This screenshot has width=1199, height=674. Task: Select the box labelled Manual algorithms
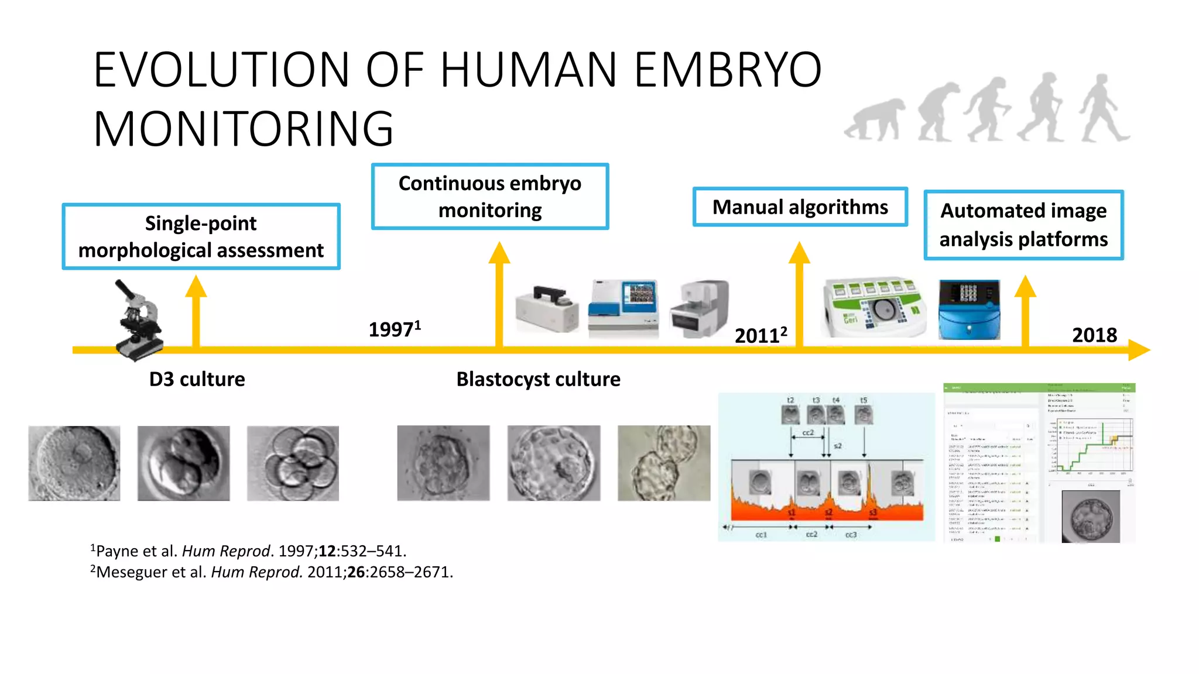(x=800, y=207)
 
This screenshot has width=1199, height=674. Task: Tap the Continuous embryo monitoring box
(x=490, y=197)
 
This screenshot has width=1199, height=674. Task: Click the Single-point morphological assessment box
(x=201, y=236)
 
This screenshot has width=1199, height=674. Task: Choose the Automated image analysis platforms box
(x=1023, y=225)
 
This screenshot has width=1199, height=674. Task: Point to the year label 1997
(x=394, y=329)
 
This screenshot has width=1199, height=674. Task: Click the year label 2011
(x=760, y=335)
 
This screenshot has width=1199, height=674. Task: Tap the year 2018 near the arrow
(x=1094, y=335)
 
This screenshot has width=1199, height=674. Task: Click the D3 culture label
(x=197, y=379)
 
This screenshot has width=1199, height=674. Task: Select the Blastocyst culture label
(x=538, y=379)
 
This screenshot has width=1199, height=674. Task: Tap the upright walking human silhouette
(x=1104, y=108)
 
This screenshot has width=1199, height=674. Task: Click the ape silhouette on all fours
(x=876, y=119)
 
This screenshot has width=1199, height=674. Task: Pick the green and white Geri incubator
(x=874, y=308)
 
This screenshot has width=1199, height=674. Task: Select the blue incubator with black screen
(x=969, y=310)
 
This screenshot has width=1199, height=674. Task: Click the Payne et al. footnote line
(x=248, y=551)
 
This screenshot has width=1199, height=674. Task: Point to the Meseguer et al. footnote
(x=272, y=572)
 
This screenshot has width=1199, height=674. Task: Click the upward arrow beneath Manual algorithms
(x=799, y=293)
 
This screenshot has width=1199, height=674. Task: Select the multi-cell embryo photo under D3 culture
(x=293, y=463)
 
